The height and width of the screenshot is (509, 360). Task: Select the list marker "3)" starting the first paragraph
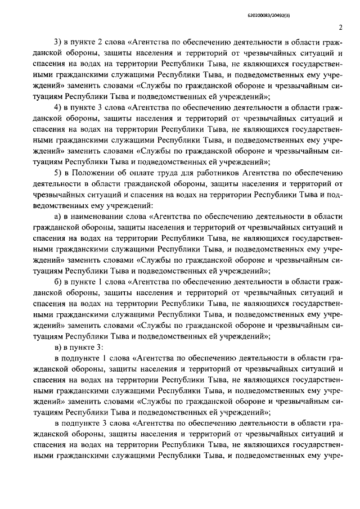pyautogui.click(x=57, y=42)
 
